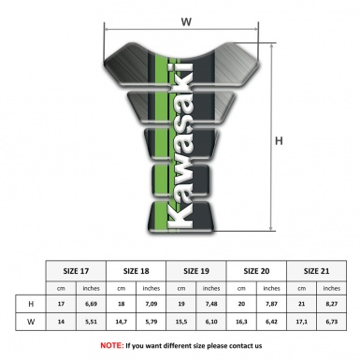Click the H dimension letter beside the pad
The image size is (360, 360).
(278, 141)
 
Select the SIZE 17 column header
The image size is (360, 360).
(76, 269)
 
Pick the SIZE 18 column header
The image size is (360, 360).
(136, 269)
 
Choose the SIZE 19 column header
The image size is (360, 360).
(197, 269)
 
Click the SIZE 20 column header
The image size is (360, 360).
(257, 269)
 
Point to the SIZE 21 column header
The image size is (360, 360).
(316, 269)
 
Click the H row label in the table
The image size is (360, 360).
(32, 305)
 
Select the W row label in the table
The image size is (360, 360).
(32, 323)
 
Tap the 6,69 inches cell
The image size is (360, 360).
(91, 305)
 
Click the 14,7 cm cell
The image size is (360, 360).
(121, 323)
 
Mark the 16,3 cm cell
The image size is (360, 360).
(242, 323)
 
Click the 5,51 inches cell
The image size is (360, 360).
(91, 323)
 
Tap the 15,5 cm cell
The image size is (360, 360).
(181, 323)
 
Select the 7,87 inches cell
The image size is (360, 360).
(272, 305)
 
